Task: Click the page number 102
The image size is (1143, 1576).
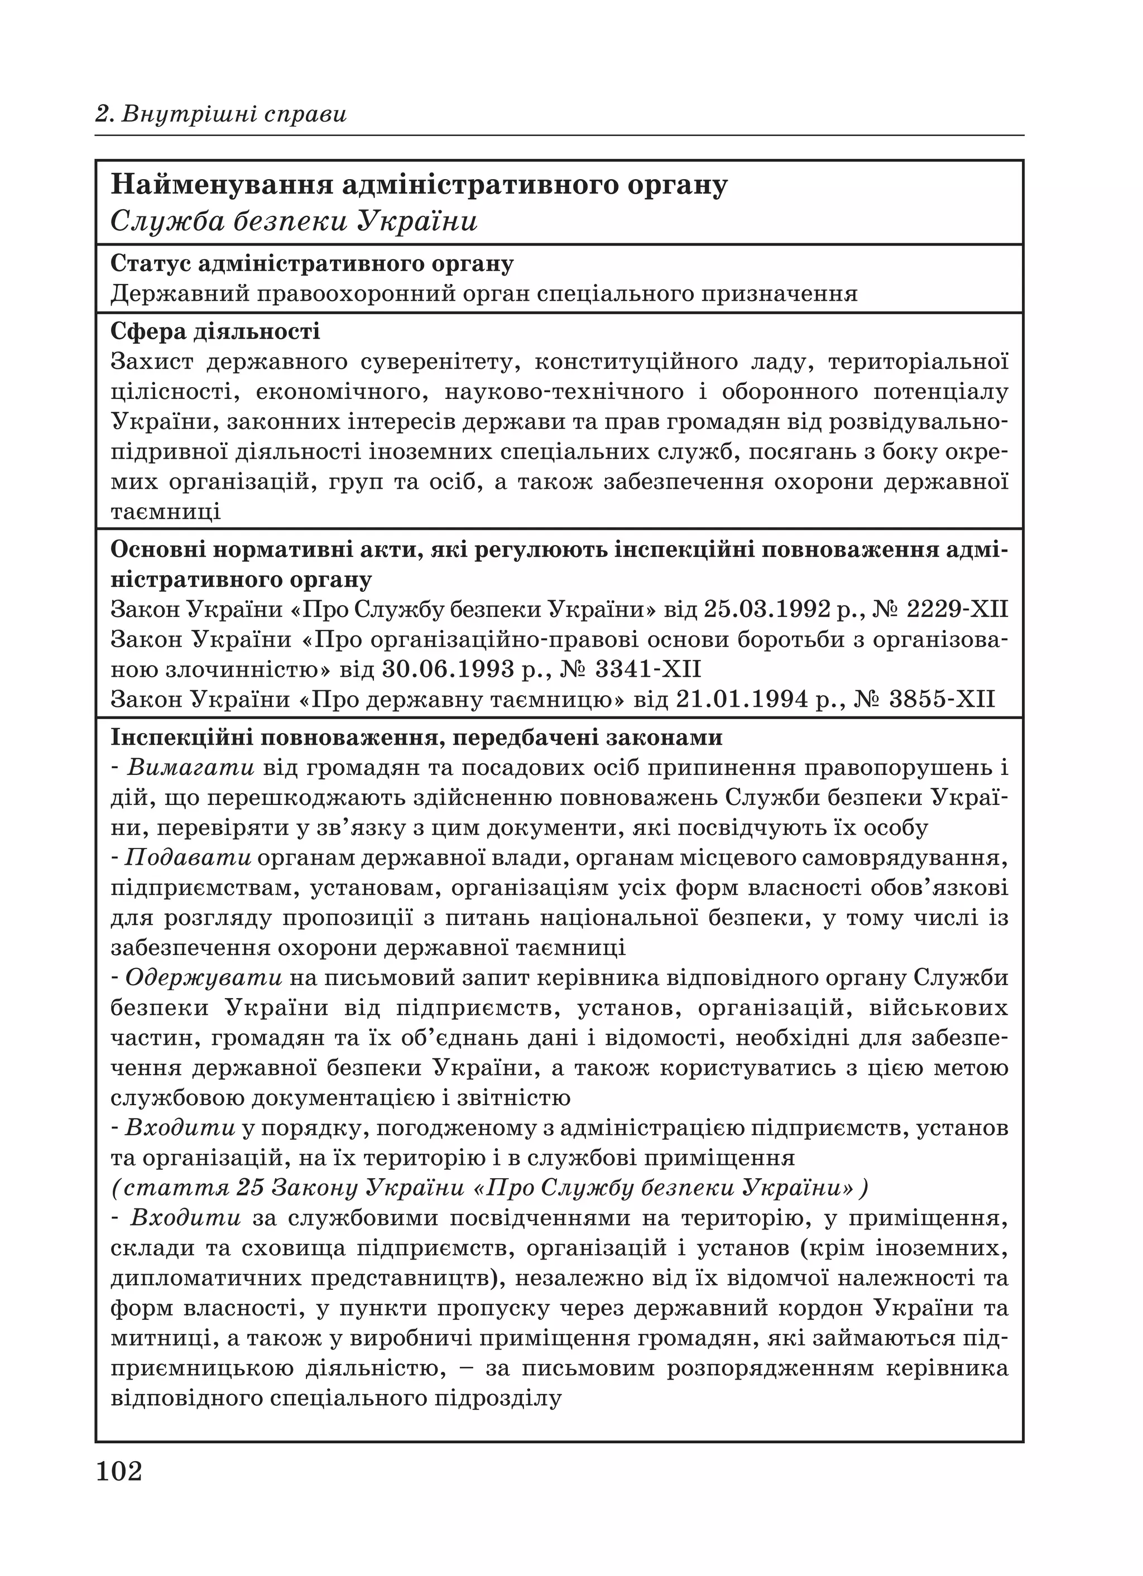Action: (x=119, y=1471)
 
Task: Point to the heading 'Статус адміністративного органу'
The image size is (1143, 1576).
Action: (x=312, y=264)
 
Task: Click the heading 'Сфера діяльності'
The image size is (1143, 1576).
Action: (x=215, y=331)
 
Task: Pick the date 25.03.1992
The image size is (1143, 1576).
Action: (x=767, y=609)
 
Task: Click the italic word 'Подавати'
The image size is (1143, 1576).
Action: (x=188, y=858)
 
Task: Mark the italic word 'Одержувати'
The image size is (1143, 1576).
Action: (x=204, y=979)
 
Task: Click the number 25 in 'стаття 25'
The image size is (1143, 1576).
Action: (x=250, y=1188)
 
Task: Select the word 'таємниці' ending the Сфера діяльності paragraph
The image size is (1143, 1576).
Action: (x=165, y=512)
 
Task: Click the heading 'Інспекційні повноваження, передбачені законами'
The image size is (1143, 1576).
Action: (x=416, y=738)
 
